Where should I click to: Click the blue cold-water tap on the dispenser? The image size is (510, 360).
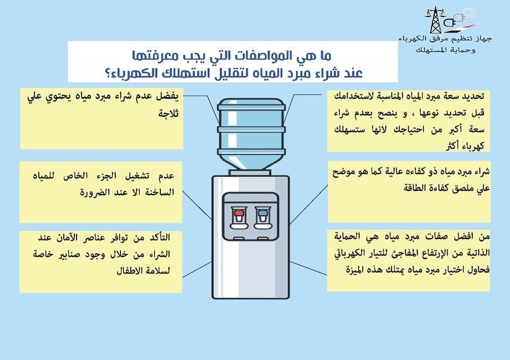pos(261,215)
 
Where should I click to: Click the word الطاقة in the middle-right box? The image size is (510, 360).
pos(348,188)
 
